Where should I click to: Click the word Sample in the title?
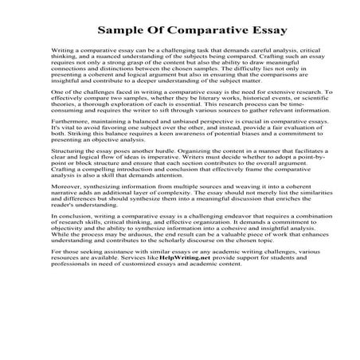coord(119,33)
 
